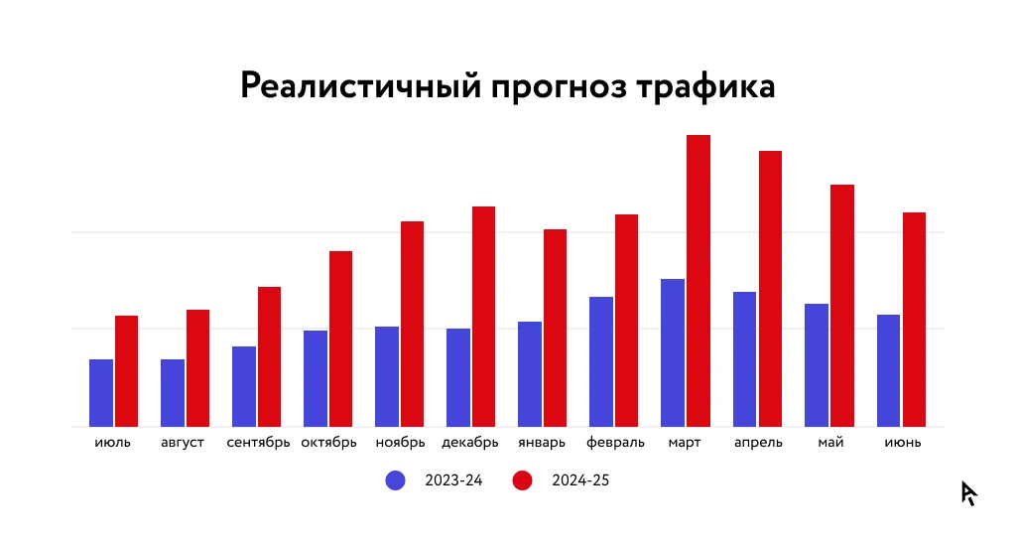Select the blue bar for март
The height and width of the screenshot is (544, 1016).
click(673, 352)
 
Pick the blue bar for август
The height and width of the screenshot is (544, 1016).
click(173, 393)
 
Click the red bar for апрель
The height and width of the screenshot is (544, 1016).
click(770, 289)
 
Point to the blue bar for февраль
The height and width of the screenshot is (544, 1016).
click(601, 361)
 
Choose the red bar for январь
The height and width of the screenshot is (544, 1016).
click(555, 328)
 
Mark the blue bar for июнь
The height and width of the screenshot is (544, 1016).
click(888, 370)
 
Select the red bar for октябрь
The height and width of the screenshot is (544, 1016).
click(340, 339)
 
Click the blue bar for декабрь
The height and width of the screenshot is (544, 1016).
click(458, 377)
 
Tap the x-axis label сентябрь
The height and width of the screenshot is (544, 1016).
click(258, 443)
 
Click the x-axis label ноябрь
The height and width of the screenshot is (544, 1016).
click(400, 443)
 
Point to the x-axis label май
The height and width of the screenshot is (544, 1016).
click(831, 443)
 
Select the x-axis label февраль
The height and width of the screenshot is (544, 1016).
click(615, 443)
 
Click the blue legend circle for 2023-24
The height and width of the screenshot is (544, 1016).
click(396, 480)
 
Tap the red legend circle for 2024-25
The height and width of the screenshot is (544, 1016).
click(522, 480)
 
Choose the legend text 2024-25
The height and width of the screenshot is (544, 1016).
click(580, 480)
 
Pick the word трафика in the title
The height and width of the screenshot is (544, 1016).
click(703, 86)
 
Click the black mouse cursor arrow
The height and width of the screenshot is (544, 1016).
click(968, 493)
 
